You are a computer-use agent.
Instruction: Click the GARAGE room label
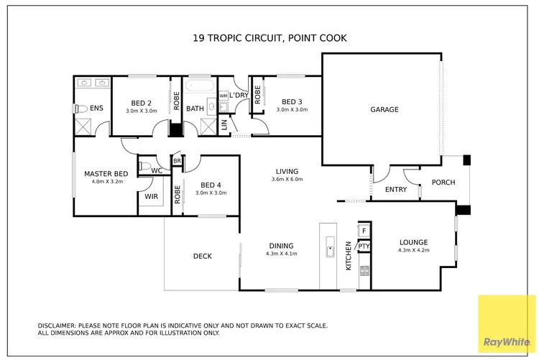[384, 109]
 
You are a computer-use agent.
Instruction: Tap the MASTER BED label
[106, 174]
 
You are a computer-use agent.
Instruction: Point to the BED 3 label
[292, 101]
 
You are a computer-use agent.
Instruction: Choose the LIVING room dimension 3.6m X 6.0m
[287, 180]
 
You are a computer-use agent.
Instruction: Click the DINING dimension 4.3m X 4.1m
[281, 253]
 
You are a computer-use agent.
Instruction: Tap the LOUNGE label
[413, 242]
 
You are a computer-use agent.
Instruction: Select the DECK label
[202, 257]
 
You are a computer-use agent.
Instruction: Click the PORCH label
[443, 183]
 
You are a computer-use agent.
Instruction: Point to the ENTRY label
[395, 190]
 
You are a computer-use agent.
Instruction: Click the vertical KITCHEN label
[349, 255]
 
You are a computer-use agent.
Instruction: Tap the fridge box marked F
[364, 231]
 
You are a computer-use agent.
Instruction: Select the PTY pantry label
[364, 246]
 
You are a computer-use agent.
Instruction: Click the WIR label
[151, 195]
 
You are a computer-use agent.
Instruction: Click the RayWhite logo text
[507, 341]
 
